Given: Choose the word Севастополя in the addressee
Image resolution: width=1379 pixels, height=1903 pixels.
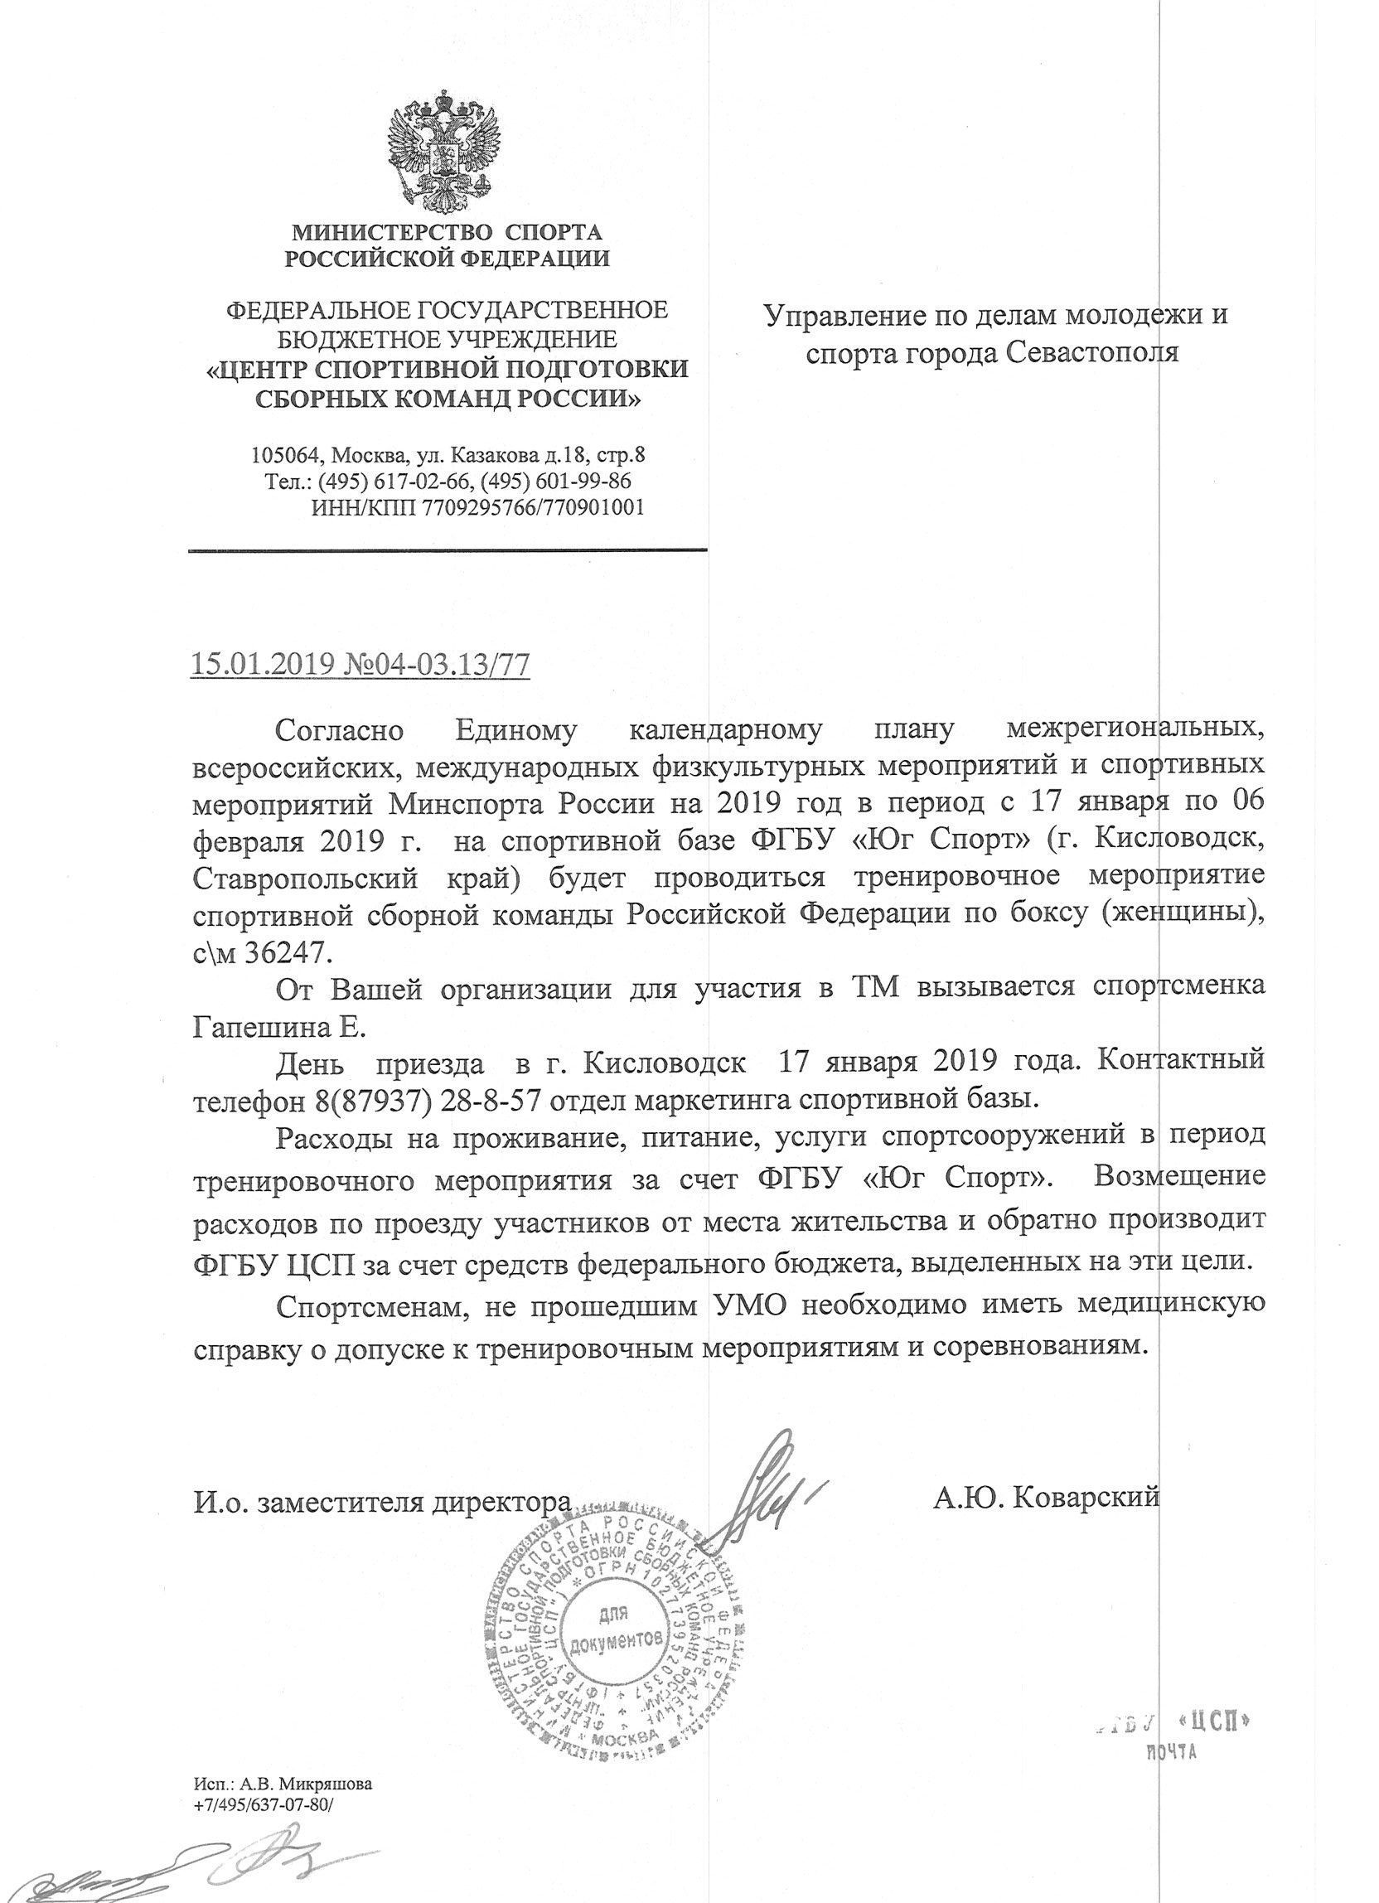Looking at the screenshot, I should [x=1091, y=352].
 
